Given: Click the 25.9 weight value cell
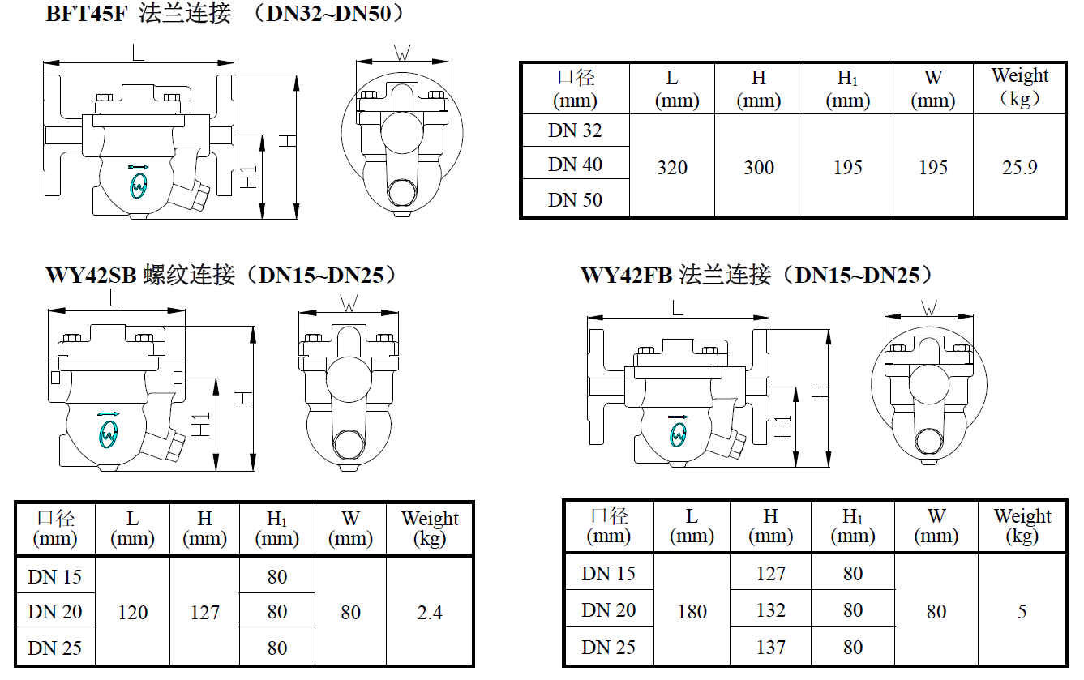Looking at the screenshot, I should (x=1019, y=168).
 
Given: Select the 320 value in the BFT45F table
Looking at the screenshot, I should (x=672, y=168).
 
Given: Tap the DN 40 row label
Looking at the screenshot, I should (x=575, y=165).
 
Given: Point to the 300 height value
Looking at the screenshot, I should (x=759, y=168).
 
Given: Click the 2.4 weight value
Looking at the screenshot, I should (x=429, y=613).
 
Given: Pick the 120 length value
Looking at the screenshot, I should (x=133, y=613).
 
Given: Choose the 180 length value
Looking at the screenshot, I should (x=692, y=611).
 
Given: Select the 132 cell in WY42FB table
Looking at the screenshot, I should (x=770, y=610).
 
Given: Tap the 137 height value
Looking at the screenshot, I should (x=770, y=647).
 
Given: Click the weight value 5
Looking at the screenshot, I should (x=1022, y=611).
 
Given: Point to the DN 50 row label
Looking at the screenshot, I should (x=575, y=199).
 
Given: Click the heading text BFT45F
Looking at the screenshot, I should (x=87, y=14).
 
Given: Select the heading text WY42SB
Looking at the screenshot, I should (x=91, y=276).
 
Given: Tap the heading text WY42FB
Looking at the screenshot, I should (x=626, y=276).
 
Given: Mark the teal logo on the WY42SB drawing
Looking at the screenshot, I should (x=109, y=435).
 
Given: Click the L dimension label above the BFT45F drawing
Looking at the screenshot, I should (x=138, y=52).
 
